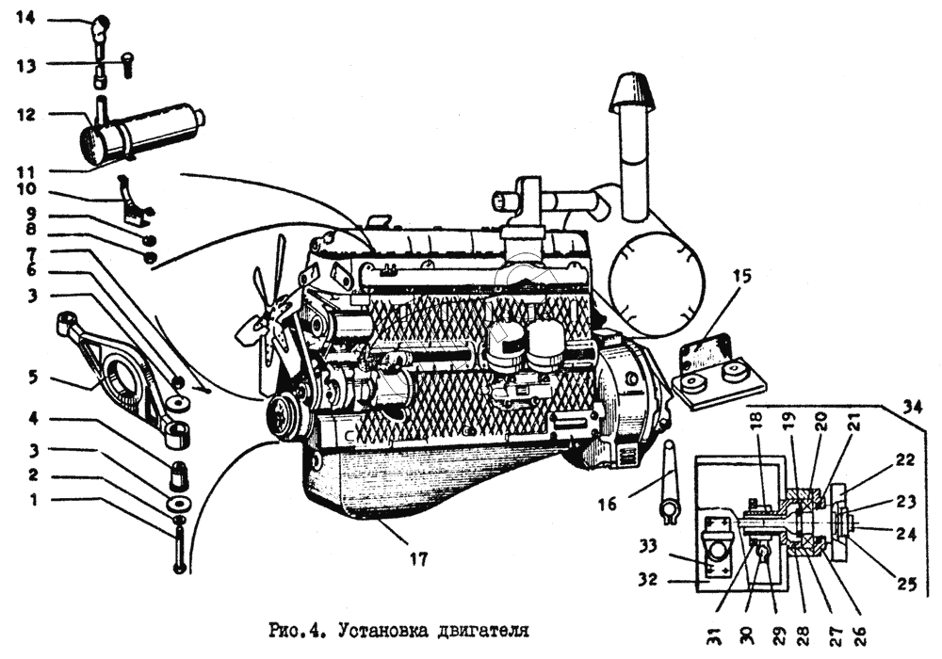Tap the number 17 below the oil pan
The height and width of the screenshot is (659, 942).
click(x=418, y=558)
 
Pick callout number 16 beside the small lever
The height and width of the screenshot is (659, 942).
click(x=608, y=505)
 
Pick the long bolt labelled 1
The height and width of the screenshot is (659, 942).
click(x=179, y=549)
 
